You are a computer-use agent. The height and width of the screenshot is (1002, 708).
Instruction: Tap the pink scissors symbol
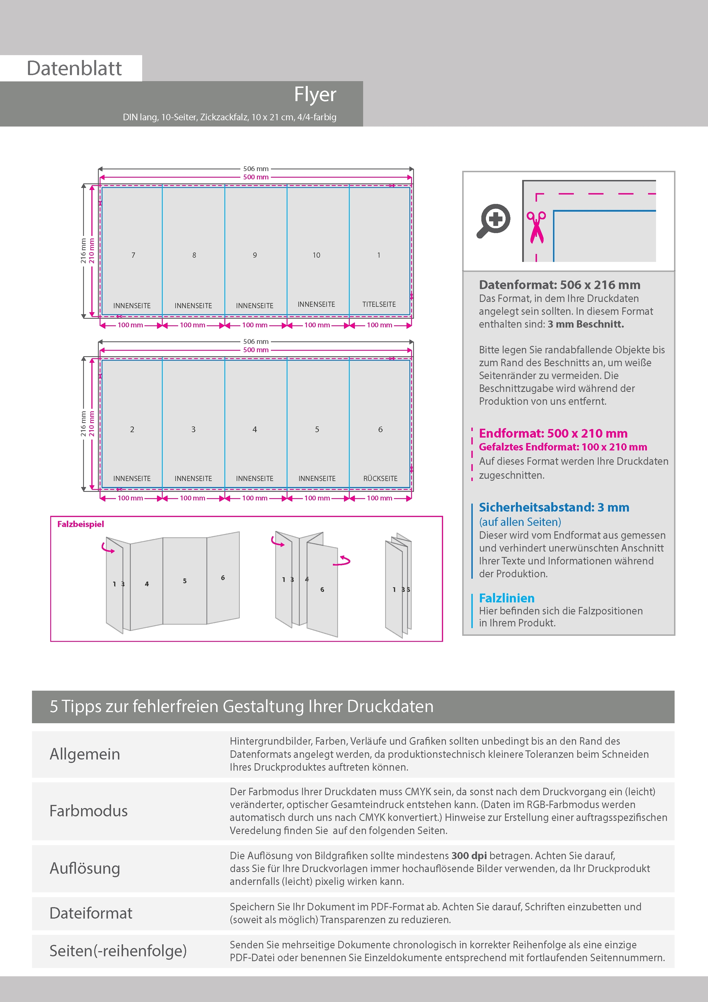coord(536,227)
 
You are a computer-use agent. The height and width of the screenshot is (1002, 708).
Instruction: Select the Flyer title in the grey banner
coord(315,94)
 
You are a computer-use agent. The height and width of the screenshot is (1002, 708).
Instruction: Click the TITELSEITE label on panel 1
coord(379,304)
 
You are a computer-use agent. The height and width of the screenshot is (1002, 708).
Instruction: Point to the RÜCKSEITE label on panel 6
coord(380,478)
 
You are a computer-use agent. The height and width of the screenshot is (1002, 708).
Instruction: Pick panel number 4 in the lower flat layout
coord(255,429)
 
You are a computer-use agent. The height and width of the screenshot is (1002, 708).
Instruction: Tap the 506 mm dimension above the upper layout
coord(256,169)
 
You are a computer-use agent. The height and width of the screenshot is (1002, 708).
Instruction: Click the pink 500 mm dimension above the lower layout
coord(256,350)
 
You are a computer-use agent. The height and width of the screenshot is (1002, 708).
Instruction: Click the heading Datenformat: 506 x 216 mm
coord(560,285)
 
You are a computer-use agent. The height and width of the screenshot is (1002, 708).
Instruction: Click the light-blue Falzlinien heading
coord(506,598)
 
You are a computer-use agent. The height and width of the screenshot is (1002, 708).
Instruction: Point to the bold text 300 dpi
coord(469,855)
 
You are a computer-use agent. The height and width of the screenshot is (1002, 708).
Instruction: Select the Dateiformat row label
coord(91,913)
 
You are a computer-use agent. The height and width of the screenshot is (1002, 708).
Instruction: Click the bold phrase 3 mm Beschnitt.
coord(586,324)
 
